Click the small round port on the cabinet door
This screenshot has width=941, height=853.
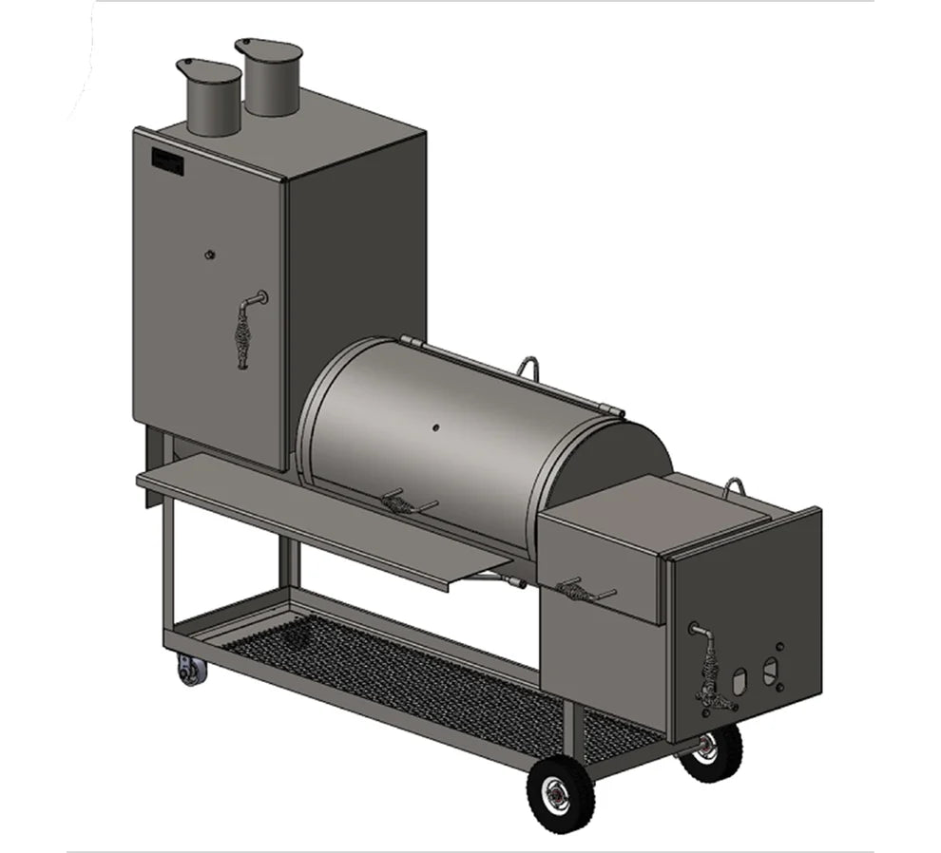point(210,254)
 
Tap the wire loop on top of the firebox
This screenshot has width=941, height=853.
point(734,487)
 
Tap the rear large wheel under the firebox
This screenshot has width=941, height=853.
point(712,751)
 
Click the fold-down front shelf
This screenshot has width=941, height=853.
point(323,514)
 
